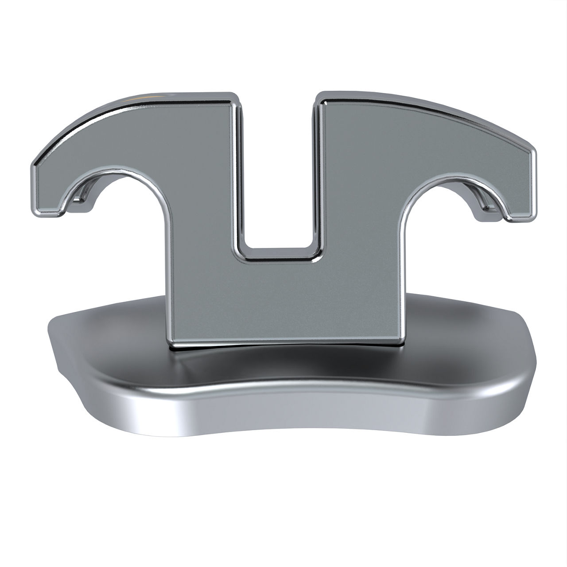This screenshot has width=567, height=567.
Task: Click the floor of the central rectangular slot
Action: [278, 253]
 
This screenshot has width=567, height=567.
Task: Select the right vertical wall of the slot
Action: [317, 177]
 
